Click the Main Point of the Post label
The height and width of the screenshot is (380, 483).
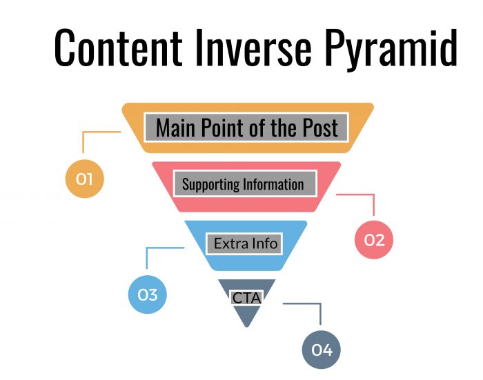pyautogui.click(x=247, y=128)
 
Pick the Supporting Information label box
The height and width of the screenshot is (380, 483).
pyautogui.click(x=242, y=184)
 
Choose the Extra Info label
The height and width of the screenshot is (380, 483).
pyautogui.click(x=245, y=243)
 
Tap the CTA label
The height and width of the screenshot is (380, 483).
pyautogui.click(x=246, y=298)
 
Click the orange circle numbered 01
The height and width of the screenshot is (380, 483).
pyautogui.click(x=84, y=179)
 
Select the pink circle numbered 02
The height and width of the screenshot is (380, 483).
pyautogui.click(x=373, y=239)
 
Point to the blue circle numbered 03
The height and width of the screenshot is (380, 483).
pyautogui.click(x=148, y=294)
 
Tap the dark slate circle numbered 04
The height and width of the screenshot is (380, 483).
pyautogui.click(x=322, y=350)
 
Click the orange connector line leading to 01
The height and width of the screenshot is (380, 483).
pyautogui.click(x=83, y=141)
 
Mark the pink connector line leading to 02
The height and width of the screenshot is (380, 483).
pyautogui.click(x=373, y=203)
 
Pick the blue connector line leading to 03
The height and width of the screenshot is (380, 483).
pyautogui.click(x=147, y=258)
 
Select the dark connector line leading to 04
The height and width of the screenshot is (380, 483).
pyautogui.click(x=320, y=312)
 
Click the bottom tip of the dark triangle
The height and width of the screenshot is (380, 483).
pyautogui.click(x=246, y=326)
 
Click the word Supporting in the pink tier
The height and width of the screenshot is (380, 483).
pyautogui.click(x=210, y=184)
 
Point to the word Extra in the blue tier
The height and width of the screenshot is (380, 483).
pyautogui.click(x=228, y=243)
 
